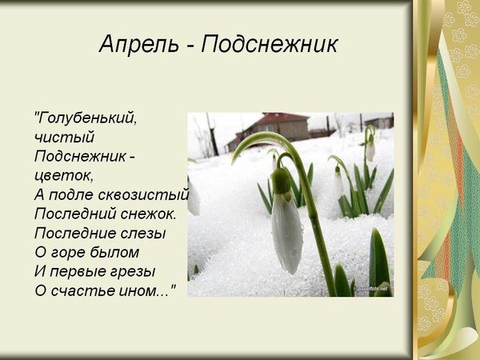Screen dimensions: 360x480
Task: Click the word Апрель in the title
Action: (x=128, y=44)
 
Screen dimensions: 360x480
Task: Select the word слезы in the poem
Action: (x=142, y=233)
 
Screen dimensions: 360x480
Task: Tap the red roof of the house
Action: (x=280, y=118)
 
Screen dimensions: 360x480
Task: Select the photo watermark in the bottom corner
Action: (x=373, y=288)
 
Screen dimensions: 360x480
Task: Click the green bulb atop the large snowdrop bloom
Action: (x=281, y=181)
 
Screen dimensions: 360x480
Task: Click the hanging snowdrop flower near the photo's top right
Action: (x=370, y=148)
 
